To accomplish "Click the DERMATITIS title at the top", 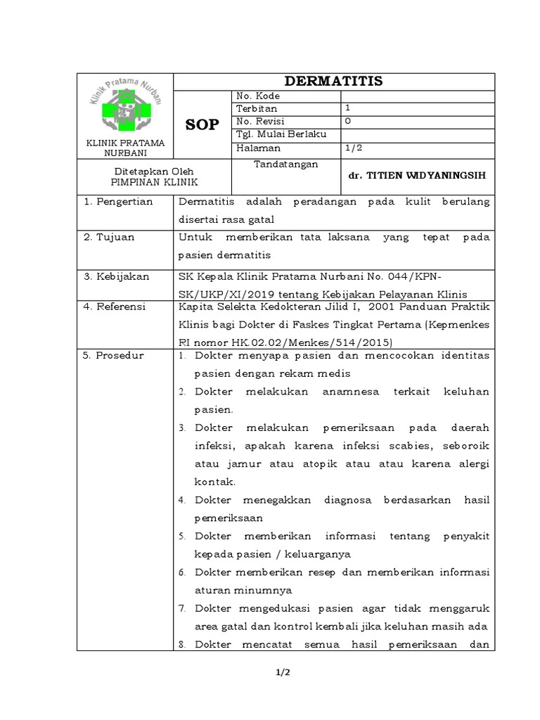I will (333, 82).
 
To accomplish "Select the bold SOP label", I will (202, 124).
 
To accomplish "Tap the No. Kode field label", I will (258, 96).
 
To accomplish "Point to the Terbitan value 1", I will (347, 108).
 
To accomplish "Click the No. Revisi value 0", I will (347, 122).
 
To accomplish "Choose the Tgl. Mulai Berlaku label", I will (277, 135).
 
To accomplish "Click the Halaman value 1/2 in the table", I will (352, 148).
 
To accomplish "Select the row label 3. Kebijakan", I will (116, 276).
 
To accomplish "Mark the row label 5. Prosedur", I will (113, 356).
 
